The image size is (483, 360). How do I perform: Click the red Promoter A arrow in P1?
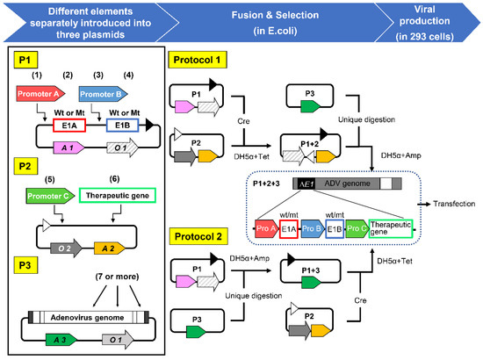[x=40, y=94]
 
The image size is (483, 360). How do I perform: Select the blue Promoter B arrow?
[x=103, y=94]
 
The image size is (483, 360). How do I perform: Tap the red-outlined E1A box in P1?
[x=69, y=126]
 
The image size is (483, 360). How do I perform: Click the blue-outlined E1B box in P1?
[x=123, y=126]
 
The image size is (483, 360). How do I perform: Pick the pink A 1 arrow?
[x=68, y=148]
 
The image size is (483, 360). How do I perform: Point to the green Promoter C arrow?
[x=51, y=196]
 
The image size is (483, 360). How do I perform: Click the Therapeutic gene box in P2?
[x=118, y=196]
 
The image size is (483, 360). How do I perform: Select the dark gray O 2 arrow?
[x=66, y=248]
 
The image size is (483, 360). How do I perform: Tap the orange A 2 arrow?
[x=110, y=248]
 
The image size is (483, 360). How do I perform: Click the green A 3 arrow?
[x=61, y=340]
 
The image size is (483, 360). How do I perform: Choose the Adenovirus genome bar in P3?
[x=89, y=317]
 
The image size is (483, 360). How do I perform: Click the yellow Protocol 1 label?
[x=198, y=60]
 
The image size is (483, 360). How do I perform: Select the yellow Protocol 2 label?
[x=198, y=236]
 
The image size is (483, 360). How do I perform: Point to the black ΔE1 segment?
[x=306, y=184]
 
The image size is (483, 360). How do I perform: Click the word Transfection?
[x=454, y=204]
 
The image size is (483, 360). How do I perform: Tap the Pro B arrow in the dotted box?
[x=313, y=228]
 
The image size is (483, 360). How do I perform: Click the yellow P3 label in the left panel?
[x=25, y=265]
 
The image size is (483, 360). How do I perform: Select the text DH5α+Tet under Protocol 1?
[x=251, y=157]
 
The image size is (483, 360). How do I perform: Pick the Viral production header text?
[x=424, y=23]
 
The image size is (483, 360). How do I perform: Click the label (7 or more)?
[x=117, y=277]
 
